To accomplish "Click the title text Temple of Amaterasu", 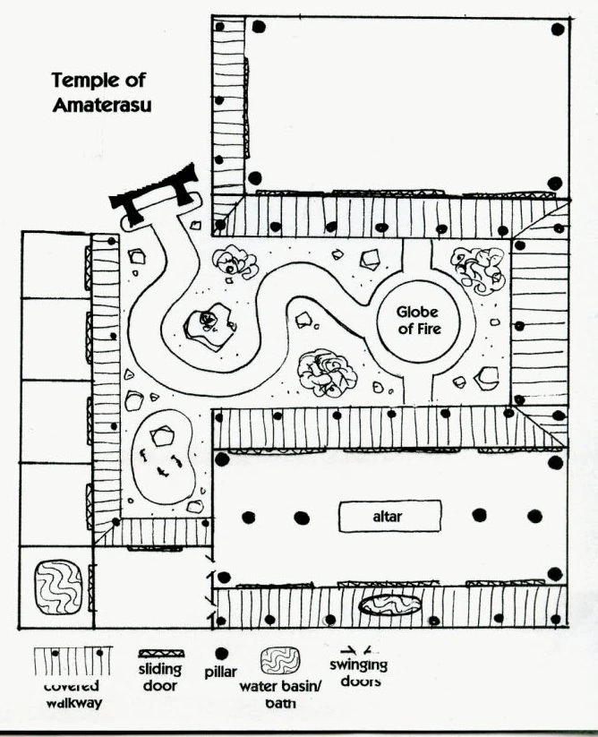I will (x=100, y=92).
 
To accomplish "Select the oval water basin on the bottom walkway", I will (x=389, y=605).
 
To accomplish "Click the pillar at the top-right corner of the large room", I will (x=557, y=30).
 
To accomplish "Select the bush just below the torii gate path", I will (x=236, y=261).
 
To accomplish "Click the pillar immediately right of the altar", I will (x=480, y=516).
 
